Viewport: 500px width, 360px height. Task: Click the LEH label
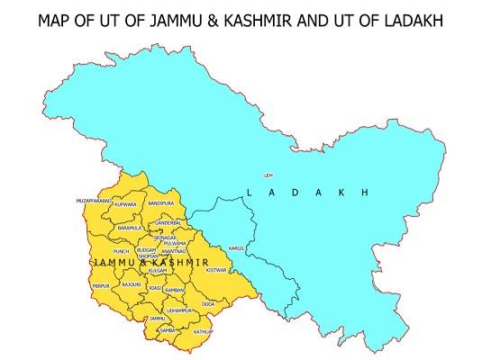268,175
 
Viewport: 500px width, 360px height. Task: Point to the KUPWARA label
125,205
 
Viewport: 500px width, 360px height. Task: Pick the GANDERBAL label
168,222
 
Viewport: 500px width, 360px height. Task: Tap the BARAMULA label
130,229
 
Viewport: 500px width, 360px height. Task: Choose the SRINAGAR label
166,238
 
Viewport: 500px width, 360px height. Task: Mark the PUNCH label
122,251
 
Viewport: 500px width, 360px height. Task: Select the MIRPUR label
101,285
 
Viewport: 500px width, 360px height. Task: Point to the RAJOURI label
132,284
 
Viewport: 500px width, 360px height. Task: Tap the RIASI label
156,289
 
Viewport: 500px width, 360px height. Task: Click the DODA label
208,304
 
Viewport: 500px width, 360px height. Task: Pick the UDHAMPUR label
178,310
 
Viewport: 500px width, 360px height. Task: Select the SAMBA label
167,330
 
